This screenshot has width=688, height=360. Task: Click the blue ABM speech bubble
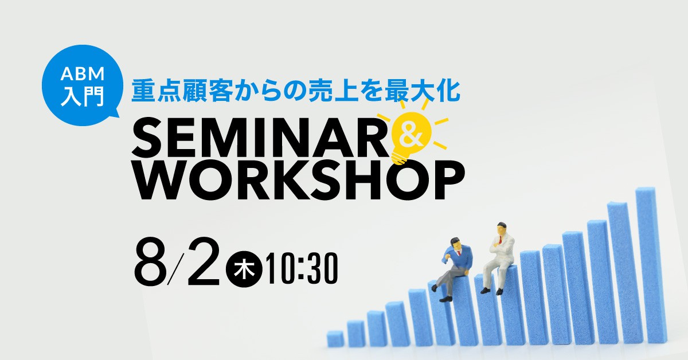point(83,85)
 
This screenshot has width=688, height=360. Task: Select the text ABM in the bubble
point(83,74)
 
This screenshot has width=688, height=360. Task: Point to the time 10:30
point(303,269)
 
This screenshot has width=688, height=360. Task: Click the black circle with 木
point(244,269)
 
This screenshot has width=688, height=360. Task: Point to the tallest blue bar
point(651,265)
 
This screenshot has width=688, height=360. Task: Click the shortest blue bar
point(335,339)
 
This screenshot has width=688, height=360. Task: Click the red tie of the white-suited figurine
point(501,240)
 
